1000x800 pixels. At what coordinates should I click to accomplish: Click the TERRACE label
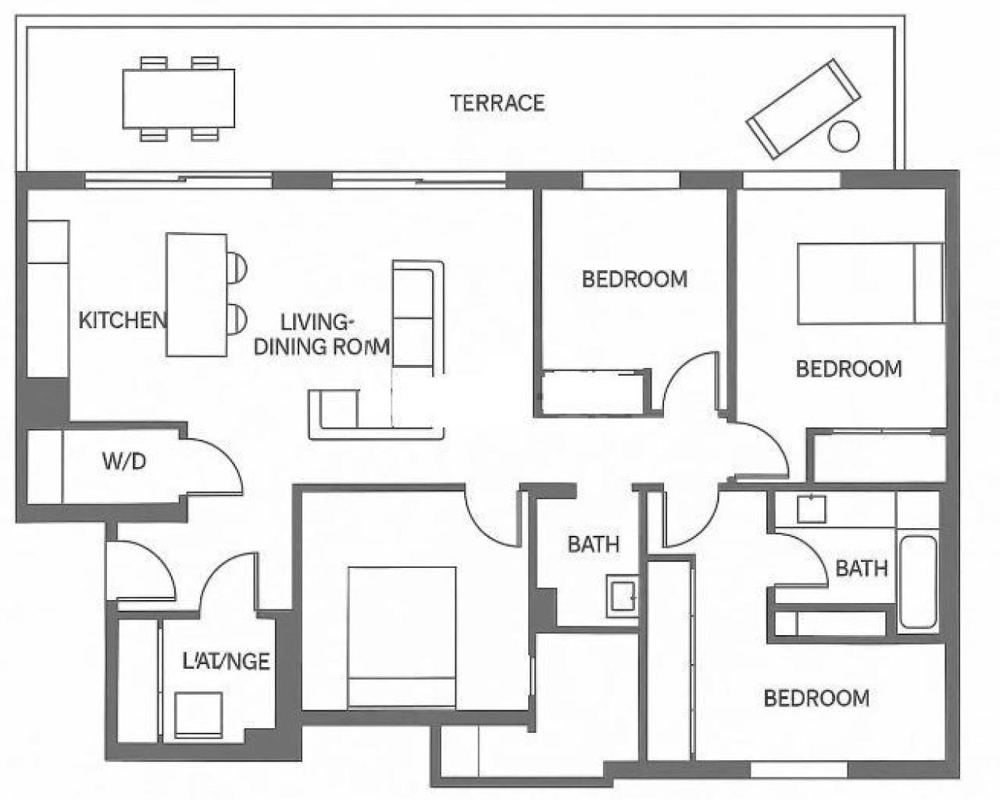[x=497, y=103]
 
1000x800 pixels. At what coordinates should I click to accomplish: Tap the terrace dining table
[x=178, y=98]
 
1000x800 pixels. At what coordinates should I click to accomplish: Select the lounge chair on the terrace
[x=802, y=109]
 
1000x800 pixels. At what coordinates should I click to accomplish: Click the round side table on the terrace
[x=843, y=137]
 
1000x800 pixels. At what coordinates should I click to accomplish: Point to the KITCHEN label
[x=123, y=320]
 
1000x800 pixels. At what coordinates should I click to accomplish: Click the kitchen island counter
[x=197, y=295]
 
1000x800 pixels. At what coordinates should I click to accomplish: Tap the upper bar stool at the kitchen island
[x=237, y=266]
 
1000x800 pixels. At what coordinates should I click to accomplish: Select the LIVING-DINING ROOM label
[x=320, y=334]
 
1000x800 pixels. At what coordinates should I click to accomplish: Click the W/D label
[x=124, y=461]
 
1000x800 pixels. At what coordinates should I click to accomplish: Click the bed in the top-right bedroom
[x=869, y=283]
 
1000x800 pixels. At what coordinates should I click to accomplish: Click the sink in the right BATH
[x=810, y=509]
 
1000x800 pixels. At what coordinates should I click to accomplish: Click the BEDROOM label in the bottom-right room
[x=816, y=698]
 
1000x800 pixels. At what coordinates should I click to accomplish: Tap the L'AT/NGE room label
[x=226, y=662]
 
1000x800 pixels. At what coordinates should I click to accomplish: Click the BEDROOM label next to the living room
[x=634, y=279]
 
